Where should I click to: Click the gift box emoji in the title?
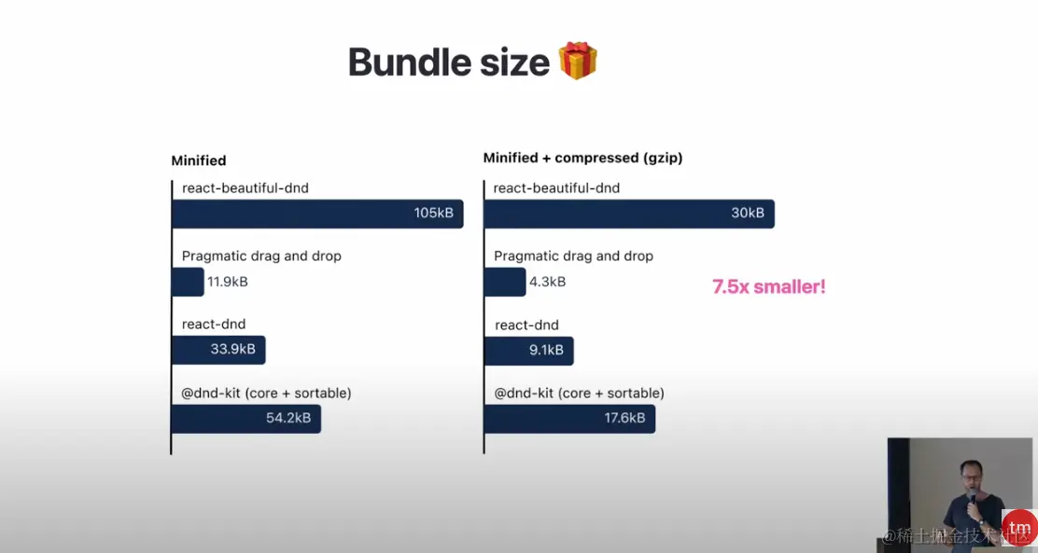[x=578, y=61]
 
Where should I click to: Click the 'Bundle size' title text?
[x=449, y=62]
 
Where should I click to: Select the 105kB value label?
[x=434, y=213]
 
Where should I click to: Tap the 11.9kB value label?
[x=227, y=282]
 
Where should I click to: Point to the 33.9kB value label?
[x=233, y=350]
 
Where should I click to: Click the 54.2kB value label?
[x=288, y=418]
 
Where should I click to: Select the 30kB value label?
[x=748, y=213]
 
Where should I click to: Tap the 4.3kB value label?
[x=547, y=282]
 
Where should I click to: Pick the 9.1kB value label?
[x=546, y=350]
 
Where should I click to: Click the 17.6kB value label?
[x=624, y=418]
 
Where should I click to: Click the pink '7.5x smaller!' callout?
[x=768, y=286]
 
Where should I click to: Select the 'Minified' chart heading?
[x=199, y=160]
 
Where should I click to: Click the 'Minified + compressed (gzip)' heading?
[x=582, y=159]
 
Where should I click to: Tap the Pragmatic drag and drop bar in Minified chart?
[x=188, y=283]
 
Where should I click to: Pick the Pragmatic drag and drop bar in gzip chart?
[x=505, y=283]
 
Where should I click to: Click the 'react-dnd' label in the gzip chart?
[x=527, y=325]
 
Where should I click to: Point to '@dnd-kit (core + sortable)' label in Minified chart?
[x=266, y=394]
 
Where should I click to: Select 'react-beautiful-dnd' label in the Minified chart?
[x=245, y=188]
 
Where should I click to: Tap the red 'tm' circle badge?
[x=1019, y=527]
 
